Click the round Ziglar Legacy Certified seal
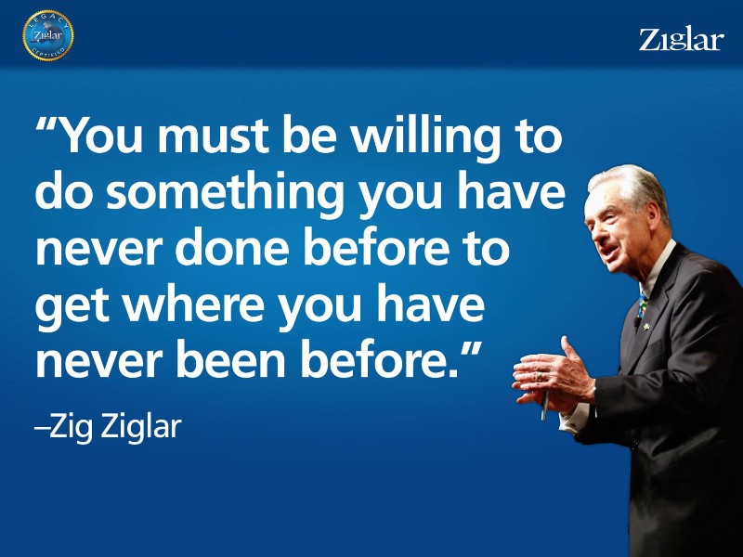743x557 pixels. tap(48, 35)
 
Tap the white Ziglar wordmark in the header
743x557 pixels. tap(682, 40)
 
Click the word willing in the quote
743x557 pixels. tap(425, 136)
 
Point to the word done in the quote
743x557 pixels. tap(231, 248)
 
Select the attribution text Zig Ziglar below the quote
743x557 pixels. tap(115, 427)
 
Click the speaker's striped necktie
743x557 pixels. tap(643, 304)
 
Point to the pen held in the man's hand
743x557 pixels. tap(545, 405)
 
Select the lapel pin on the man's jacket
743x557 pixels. tap(646, 327)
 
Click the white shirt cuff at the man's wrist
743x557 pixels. tap(574, 416)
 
